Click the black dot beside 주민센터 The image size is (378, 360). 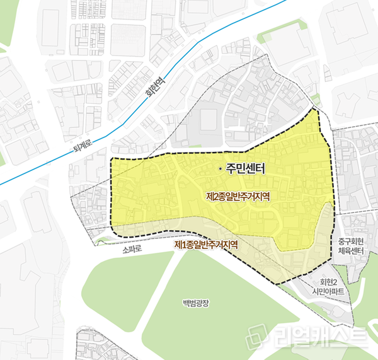(219, 168)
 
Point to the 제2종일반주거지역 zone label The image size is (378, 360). (243, 196)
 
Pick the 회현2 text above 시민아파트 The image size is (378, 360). (331, 282)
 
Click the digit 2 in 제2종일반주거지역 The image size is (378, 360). (216, 196)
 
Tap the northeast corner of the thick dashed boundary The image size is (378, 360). (318, 110)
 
